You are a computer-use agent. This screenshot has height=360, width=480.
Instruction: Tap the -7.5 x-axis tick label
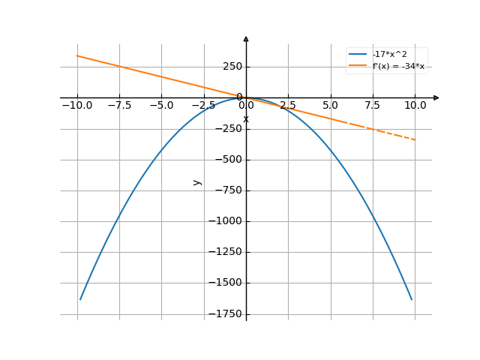click(x=118, y=106)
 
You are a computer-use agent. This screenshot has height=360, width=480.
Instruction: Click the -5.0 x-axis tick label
click(x=161, y=106)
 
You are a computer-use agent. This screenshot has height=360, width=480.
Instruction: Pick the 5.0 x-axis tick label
click(x=330, y=106)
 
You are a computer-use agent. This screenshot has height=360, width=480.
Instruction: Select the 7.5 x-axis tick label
click(x=373, y=106)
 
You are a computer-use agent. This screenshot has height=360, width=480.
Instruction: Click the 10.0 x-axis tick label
click(x=415, y=106)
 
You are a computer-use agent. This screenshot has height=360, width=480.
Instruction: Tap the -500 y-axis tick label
click(x=228, y=159)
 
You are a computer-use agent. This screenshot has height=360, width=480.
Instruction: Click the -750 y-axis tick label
click(x=228, y=190)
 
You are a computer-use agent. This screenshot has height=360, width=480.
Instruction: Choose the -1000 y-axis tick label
click(x=226, y=221)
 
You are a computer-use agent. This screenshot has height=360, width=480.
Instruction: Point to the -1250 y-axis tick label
click(x=226, y=252)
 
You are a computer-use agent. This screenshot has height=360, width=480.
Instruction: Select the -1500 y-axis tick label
click(x=226, y=283)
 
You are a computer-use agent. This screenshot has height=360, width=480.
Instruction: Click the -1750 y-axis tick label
click(x=226, y=313)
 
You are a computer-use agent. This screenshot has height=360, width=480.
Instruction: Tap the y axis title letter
click(x=197, y=181)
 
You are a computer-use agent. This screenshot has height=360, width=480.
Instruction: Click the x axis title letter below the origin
click(x=246, y=119)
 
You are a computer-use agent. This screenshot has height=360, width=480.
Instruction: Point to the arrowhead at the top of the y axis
click(x=246, y=38)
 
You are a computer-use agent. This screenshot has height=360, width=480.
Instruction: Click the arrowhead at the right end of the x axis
click(x=436, y=97)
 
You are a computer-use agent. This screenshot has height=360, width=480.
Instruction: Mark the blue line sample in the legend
click(x=358, y=55)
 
